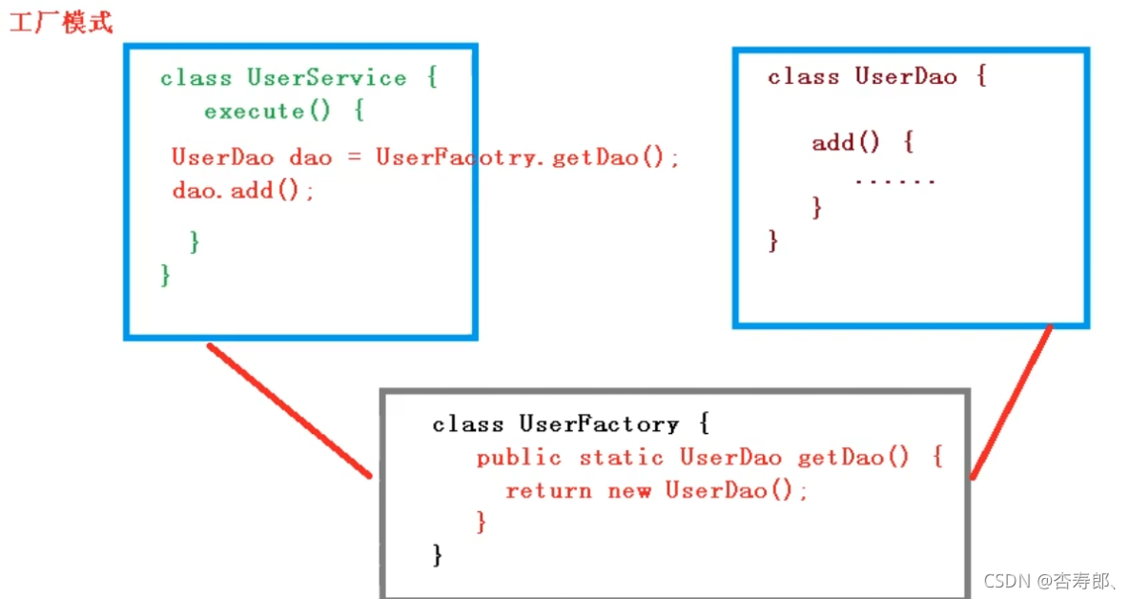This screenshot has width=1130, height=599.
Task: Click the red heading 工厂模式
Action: tap(61, 23)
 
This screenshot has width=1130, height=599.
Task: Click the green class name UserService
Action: tap(326, 77)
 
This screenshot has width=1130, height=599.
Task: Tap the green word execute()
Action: tap(267, 112)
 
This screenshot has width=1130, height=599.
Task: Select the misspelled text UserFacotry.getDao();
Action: tap(527, 157)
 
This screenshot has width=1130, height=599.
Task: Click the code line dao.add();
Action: tap(243, 190)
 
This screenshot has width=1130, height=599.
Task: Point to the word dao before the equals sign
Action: tap(310, 157)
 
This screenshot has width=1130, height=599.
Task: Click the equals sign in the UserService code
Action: tap(354, 157)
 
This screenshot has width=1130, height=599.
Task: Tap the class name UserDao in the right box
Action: tap(905, 76)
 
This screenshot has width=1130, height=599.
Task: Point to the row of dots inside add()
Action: tap(894, 179)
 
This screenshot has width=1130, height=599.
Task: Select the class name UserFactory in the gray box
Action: tap(599, 423)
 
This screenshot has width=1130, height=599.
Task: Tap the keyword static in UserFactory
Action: tap(621, 458)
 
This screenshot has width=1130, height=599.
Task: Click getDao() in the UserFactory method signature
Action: tap(853, 458)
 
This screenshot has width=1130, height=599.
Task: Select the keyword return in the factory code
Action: tap(548, 491)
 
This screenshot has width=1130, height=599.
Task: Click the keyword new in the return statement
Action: tap(629, 491)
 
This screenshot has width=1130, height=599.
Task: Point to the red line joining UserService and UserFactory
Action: tap(289, 410)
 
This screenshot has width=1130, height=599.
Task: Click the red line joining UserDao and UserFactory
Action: tap(1011, 401)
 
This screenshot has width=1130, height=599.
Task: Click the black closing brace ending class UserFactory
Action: tap(438, 555)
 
